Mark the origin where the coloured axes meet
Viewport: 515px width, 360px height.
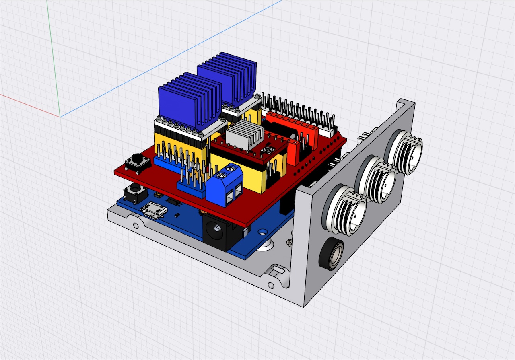tap(60, 117)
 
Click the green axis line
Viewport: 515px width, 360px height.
tap(54, 60)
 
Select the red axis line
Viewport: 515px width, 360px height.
tap(28, 106)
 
